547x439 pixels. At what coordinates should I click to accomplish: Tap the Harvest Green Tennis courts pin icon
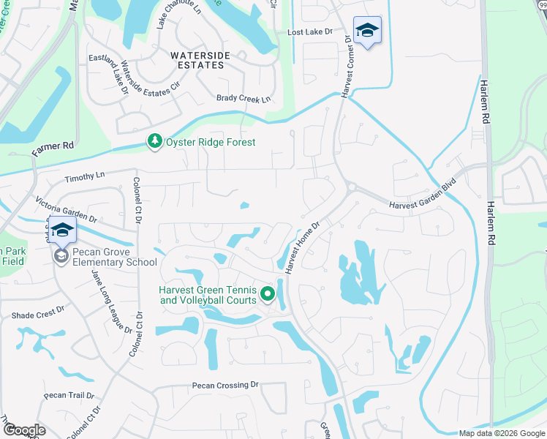click(268, 295)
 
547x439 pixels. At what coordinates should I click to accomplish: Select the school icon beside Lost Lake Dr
click(367, 31)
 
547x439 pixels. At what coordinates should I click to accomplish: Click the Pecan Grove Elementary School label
click(110, 262)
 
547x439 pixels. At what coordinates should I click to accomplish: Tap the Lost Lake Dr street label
click(310, 32)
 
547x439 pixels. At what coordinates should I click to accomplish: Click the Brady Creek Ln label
click(244, 99)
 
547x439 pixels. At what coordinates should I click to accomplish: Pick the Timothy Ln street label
click(85, 176)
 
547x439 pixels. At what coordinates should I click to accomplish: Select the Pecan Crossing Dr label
click(226, 384)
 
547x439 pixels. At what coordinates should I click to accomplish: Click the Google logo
click(24, 430)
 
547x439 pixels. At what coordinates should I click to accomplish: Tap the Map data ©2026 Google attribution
click(502, 433)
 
